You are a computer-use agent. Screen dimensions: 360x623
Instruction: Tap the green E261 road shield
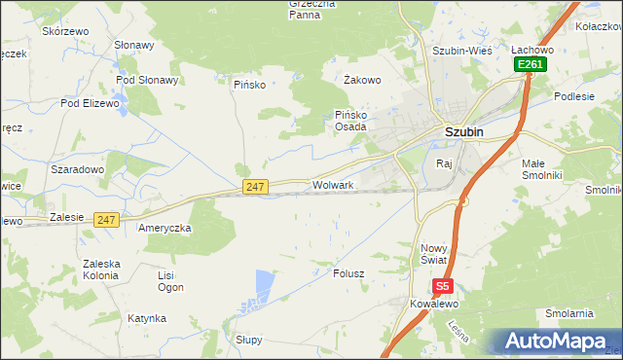point(530,64)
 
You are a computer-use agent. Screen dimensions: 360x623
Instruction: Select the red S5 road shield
point(443,286)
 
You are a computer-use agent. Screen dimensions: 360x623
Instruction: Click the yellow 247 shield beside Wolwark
point(255,186)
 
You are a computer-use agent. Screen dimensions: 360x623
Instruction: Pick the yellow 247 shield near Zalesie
point(107,221)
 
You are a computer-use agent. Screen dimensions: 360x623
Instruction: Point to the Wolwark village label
point(333,184)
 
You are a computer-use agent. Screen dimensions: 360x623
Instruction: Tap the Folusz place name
point(348,273)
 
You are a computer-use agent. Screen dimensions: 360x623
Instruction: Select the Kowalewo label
point(433,304)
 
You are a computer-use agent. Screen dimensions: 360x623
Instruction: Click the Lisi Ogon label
point(170,281)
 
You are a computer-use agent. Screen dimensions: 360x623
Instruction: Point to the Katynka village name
point(146,318)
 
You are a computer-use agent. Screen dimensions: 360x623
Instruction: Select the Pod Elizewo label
point(90,102)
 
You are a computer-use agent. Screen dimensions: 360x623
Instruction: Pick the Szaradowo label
point(77,169)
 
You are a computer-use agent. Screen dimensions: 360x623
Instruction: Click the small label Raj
point(445,163)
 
